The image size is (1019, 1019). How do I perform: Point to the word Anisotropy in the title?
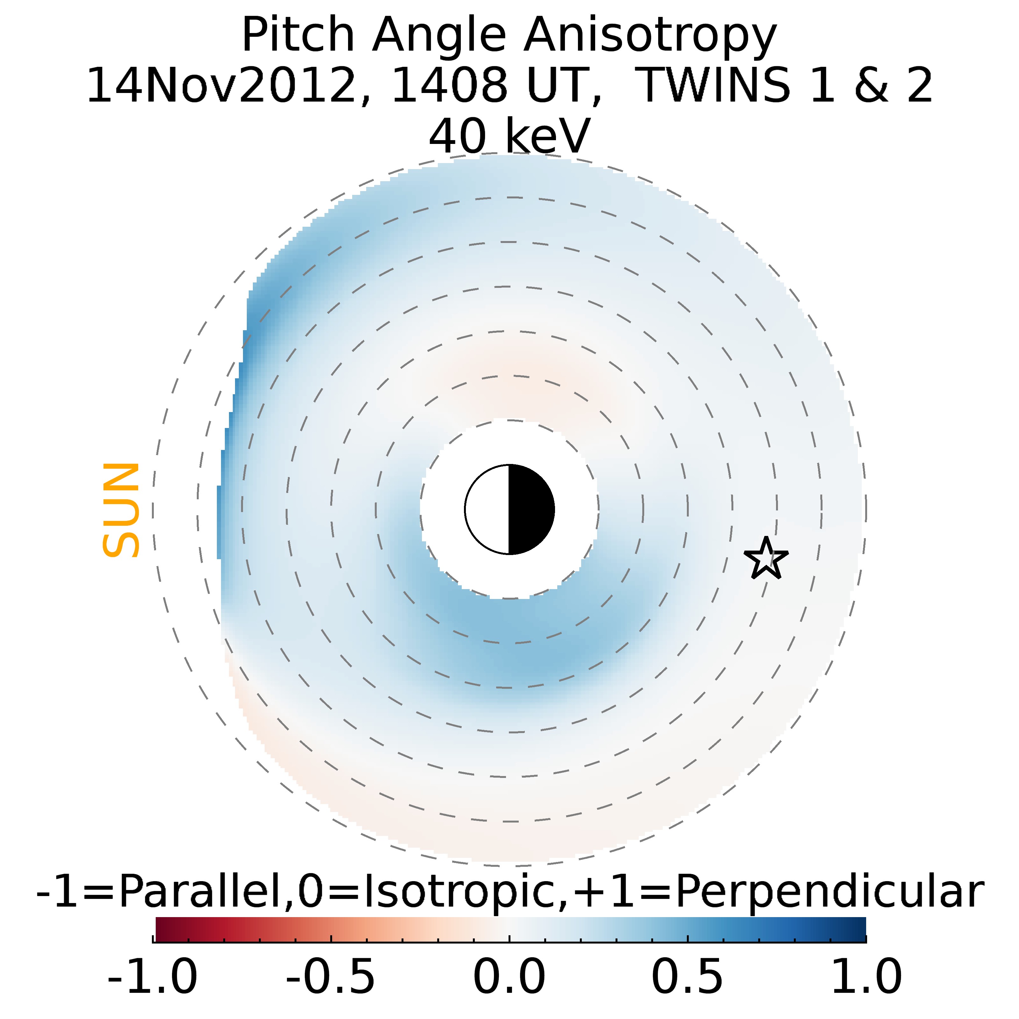[x=650, y=36]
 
